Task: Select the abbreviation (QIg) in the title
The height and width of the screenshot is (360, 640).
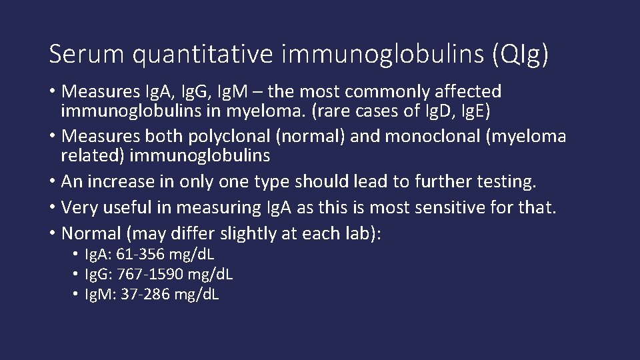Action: point(520,54)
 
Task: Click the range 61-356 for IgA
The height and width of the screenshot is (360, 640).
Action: point(141,255)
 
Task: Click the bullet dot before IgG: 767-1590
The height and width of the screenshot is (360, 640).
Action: point(78,274)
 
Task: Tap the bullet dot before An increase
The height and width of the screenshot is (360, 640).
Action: point(53,181)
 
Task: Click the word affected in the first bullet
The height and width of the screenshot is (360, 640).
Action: point(469,91)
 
